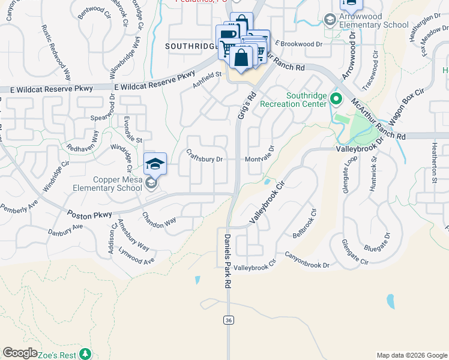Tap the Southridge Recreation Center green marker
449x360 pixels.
pyautogui.click(x=336, y=98)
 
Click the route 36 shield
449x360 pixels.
pyautogui.click(x=229, y=320)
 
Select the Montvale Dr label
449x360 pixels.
pyautogui.click(x=259, y=159)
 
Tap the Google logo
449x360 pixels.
pyautogui.click(x=20, y=353)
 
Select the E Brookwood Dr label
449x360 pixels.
pyautogui.click(x=298, y=44)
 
